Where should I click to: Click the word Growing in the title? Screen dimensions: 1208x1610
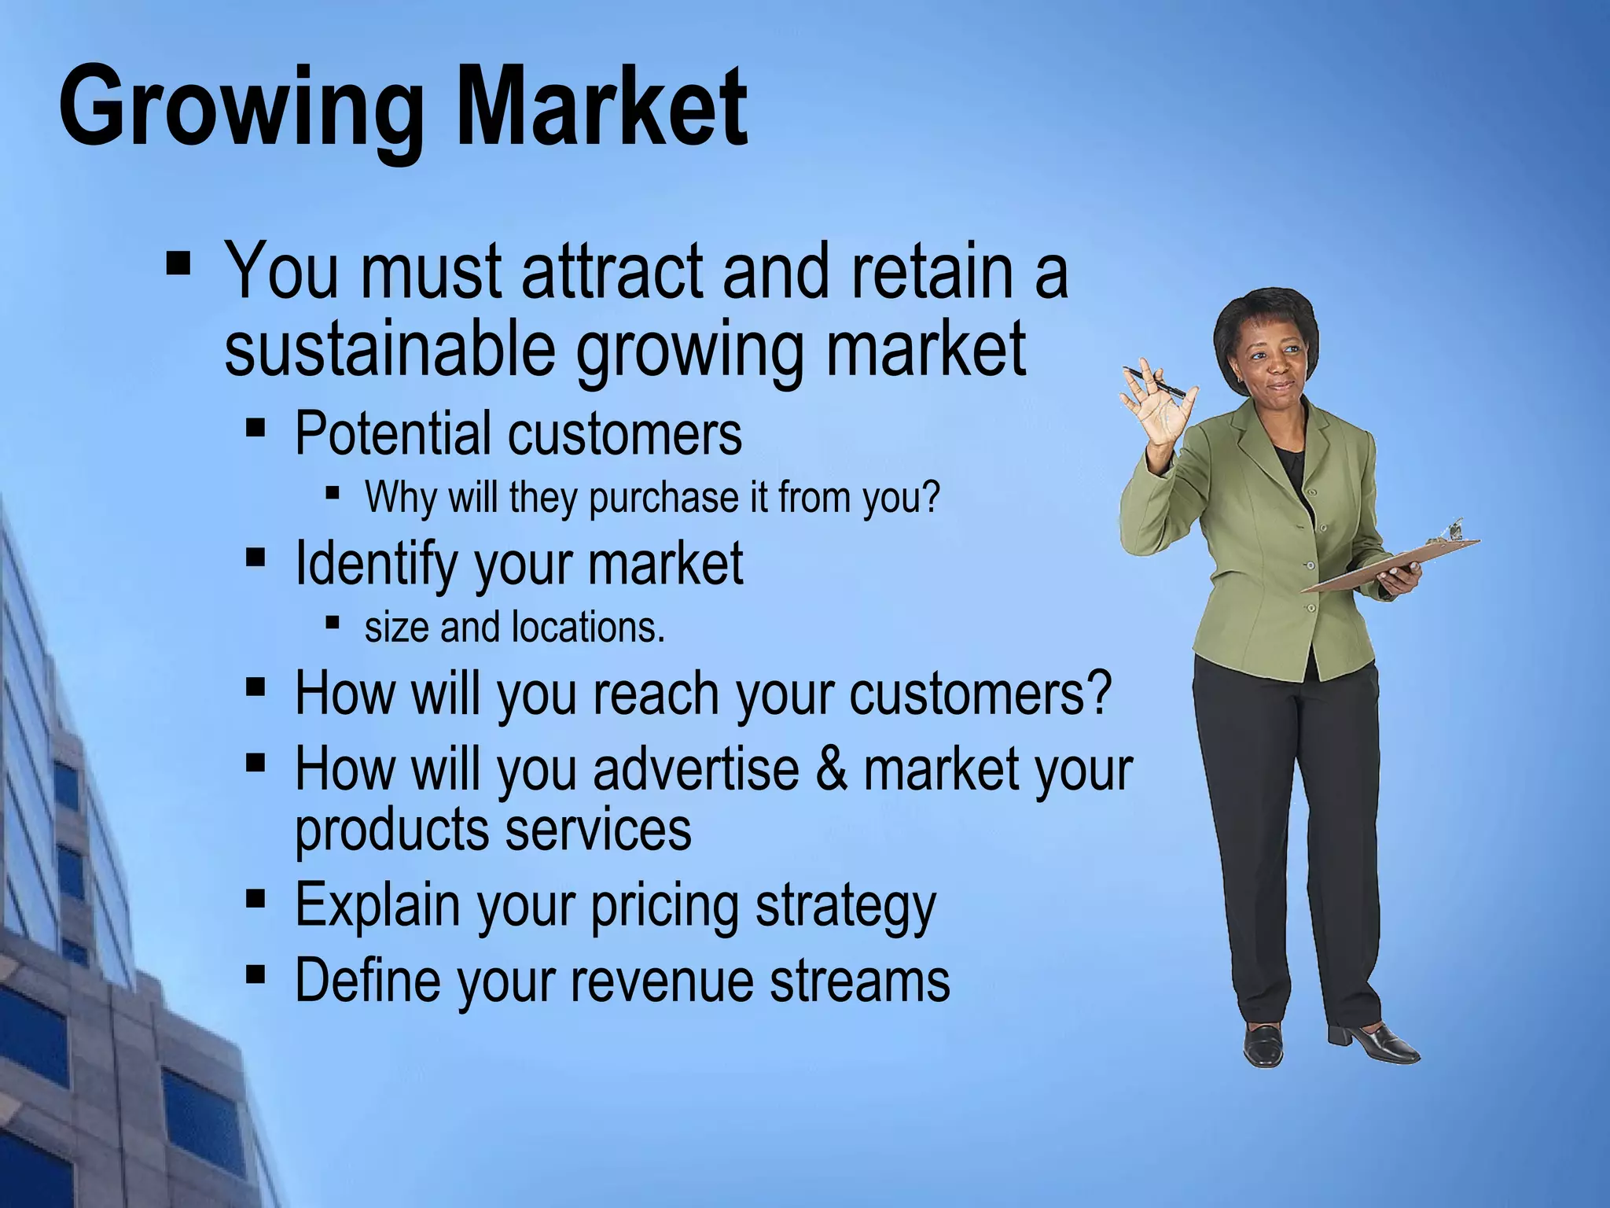241,108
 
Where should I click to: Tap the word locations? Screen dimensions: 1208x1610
588,628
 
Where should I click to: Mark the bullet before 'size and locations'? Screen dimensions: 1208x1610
332,623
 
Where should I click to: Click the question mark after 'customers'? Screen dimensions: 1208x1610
1098,693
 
